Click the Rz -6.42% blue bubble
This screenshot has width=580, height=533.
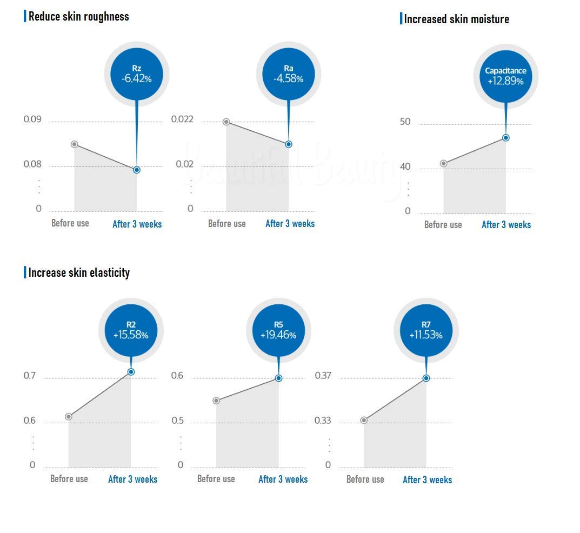coord(137,74)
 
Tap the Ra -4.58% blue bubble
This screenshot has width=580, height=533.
coord(289,74)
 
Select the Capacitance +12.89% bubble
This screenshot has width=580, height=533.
coord(505,77)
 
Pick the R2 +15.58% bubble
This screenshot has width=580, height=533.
coord(131,330)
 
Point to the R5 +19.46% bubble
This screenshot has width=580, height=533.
coord(278,330)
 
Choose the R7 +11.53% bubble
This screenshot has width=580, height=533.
coord(426,330)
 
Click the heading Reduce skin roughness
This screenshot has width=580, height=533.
coord(79,17)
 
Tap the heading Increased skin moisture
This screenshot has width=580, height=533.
coord(456,19)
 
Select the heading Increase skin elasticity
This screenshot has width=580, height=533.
coord(79,272)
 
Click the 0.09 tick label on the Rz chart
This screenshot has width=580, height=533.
coord(32,119)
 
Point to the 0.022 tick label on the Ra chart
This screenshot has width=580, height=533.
coord(182,119)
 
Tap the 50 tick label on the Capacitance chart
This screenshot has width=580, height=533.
coord(405,122)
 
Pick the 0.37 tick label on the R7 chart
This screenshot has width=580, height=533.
coord(323,376)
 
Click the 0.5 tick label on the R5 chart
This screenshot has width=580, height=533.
coord(177,421)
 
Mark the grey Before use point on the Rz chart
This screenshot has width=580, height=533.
coord(75,144)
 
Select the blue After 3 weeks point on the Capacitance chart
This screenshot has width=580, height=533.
coord(505,138)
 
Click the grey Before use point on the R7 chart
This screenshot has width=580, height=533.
coord(364,420)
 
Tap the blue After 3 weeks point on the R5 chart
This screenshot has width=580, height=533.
coord(278,378)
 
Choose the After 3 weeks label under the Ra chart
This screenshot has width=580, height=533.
coord(290,223)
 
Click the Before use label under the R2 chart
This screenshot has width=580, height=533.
coord(69,479)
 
